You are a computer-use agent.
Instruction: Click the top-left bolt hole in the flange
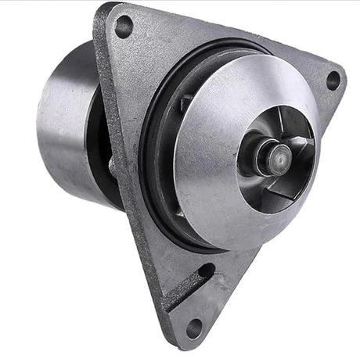pyautogui.click(x=124, y=27)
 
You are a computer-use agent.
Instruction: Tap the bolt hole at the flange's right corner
pyautogui.click(x=332, y=80)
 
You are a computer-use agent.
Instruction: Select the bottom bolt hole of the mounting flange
pyautogui.click(x=193, y=326)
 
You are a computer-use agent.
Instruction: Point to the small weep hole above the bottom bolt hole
pyautogui.click(x=206, y=272)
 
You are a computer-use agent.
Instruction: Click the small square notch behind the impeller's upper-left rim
pyautogui.click(x=186, y=99)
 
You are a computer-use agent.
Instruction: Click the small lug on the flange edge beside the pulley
pyautogui.click(x=113, y=164)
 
